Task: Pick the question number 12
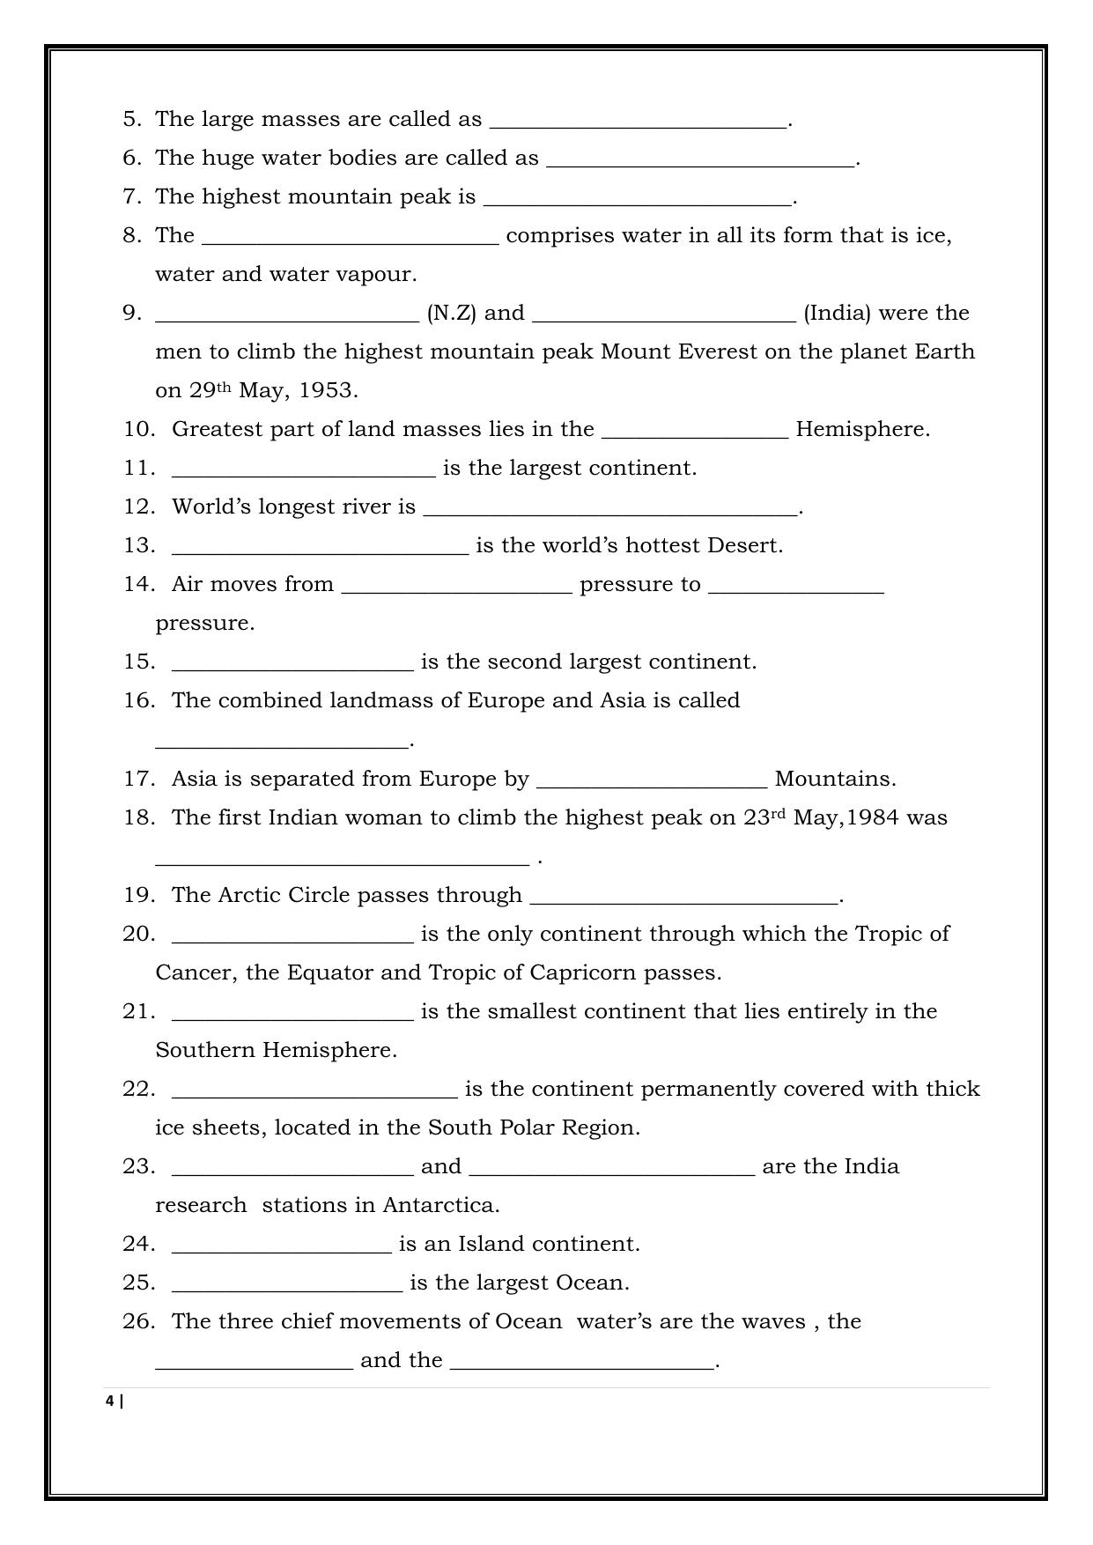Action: (x=139, y=506)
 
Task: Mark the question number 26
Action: (x=139, y=1321)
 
